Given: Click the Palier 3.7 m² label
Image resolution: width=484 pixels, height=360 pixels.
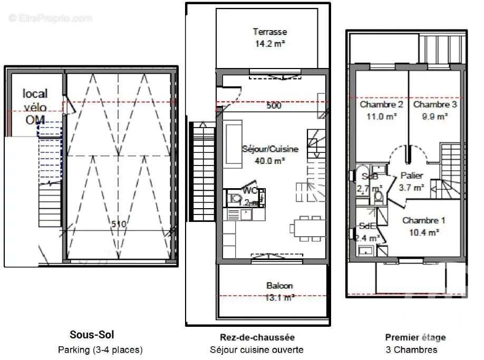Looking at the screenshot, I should (x=412, y=181).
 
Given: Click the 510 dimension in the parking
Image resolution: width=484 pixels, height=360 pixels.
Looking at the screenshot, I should (x=119, y=224).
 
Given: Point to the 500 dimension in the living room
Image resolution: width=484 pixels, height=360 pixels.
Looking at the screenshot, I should (x=273, y=105).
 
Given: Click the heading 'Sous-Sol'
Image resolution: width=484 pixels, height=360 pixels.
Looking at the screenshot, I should (x=92, y=334).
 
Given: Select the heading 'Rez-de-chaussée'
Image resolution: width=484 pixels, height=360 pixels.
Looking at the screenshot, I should (x=257, y=337).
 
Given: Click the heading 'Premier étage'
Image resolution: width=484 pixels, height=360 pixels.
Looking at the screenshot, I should (x=415, y=337).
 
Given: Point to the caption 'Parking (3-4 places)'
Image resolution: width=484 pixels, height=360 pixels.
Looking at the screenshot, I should (x=100, y=349).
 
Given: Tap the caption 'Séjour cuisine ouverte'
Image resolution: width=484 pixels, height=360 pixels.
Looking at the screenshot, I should (x=256, y=349).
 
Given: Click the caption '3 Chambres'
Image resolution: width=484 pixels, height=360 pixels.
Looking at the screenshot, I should (x=411, y=349).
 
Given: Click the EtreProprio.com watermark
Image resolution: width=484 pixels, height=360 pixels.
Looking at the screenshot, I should (x=50, y=18).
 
